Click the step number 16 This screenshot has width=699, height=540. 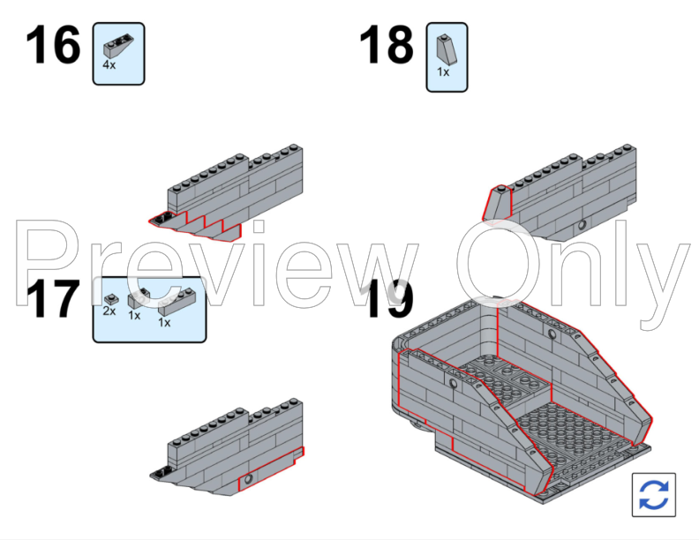click(53, 44)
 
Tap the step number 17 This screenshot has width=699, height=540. click(53, 298)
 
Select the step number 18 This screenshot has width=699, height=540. click(387, 44)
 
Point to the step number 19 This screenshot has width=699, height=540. click(388, 298)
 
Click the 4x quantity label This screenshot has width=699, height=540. click(109, 65)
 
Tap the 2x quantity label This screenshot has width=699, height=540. click(109, 311)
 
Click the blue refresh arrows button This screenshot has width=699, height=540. click(653, 494)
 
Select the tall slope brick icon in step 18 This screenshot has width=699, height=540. click(447, 49)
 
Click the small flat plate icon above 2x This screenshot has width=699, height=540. click(111, 299)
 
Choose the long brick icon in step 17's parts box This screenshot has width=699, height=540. click(177, 302)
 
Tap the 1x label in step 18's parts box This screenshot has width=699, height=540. click(443, 71)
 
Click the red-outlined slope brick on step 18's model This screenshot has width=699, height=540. click(498, 204)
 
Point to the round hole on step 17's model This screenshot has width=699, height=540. click(248, 479)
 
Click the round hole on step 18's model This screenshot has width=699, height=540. click(582, 224)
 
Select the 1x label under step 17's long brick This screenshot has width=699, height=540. click(164, 323)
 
